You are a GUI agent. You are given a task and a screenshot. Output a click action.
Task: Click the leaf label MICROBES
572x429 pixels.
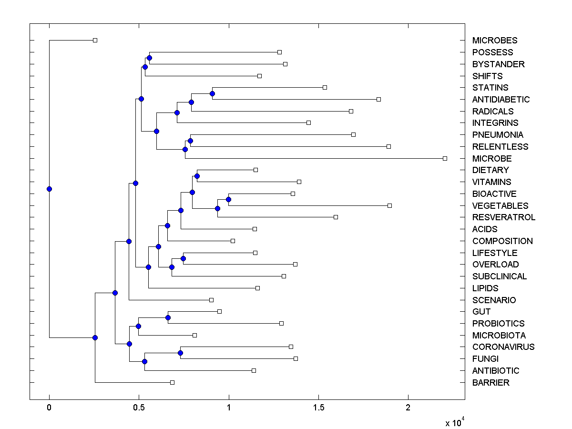tap(494, 41)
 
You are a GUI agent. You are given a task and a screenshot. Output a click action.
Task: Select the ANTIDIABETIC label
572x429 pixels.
tap(500, 100)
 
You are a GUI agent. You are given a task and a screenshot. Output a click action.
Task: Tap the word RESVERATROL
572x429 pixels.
tap(503, 217)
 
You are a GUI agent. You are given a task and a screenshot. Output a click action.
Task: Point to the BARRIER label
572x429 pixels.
tap(490, 383)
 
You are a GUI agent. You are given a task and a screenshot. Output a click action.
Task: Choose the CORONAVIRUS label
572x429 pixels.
tap(503, 347)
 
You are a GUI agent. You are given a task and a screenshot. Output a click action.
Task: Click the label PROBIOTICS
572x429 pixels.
tap(498, 324)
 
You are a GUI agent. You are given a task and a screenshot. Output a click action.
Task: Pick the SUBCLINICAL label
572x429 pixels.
tap(499, 276)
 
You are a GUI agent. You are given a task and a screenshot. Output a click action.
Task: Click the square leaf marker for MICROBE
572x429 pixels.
tap(445, 158)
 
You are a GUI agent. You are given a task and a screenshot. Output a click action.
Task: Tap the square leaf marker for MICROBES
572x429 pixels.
tap(95, 40)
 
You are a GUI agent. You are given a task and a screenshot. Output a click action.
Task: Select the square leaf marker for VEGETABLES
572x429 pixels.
tap(389, 205)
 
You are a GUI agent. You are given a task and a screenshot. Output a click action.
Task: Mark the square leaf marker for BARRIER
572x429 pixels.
tap(172, 382)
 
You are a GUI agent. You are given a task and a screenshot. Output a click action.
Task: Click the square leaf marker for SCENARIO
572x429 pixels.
tap(211, 300)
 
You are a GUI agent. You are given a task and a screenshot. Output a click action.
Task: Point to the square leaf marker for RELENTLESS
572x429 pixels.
tap(388, 146)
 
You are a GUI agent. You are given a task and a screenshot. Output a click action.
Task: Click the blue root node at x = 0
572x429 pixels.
tap(49, 189)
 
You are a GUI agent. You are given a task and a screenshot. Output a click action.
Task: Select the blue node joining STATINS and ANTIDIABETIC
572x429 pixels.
tap(212, 93)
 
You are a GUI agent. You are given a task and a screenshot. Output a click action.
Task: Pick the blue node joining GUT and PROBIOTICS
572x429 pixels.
tap(168, 317)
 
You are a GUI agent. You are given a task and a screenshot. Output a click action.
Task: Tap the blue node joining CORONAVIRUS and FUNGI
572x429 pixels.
tap(180, 353)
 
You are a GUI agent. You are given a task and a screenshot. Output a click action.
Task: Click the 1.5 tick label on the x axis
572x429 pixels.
tap(318, 408)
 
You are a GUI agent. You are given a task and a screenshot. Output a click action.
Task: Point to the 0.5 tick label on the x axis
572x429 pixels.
tap(139, 408)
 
